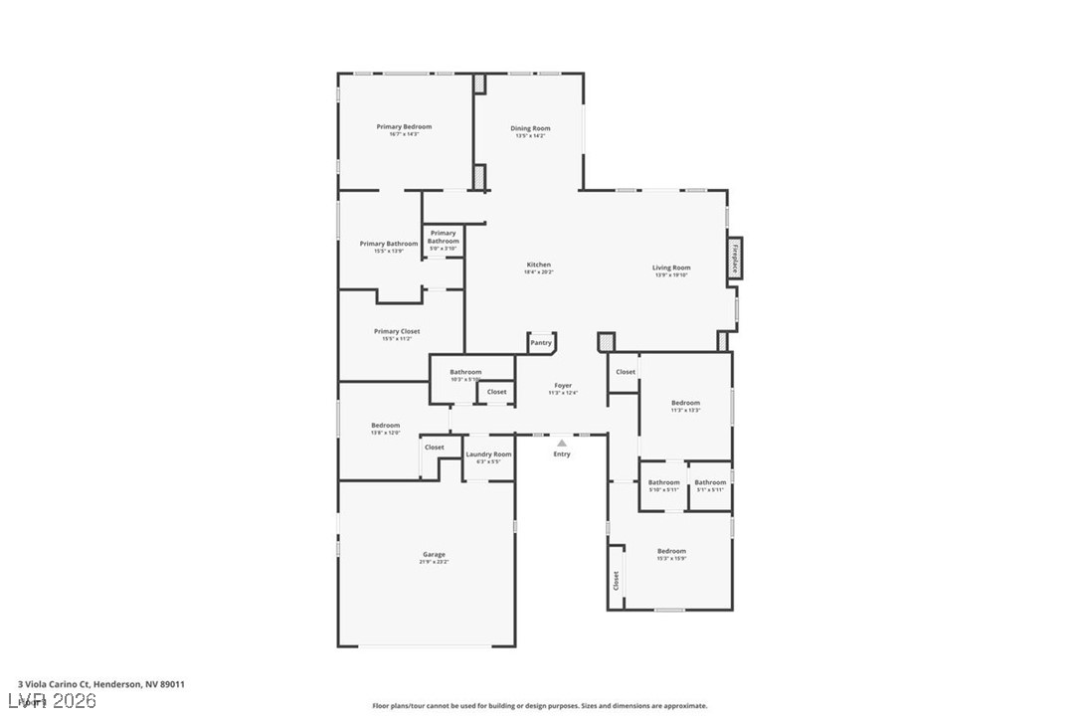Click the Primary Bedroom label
404,126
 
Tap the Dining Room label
530,128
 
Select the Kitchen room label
539,265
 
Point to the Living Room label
671,268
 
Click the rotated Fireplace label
735,259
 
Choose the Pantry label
541,343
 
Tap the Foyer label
563,385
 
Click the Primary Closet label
397,331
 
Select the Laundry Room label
488,454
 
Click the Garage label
434,554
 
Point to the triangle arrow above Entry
562,443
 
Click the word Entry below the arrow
562,454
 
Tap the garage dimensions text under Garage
434,562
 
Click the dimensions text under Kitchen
539,271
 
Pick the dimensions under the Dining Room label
530,135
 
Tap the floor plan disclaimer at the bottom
540,706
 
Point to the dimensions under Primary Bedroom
404,134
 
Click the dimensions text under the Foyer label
563,393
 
